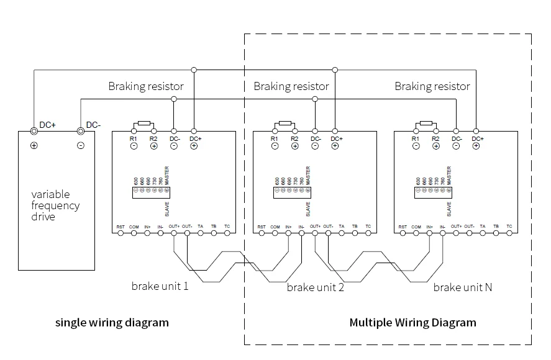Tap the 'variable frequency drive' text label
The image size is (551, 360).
coord(55,205)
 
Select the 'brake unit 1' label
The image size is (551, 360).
coord(160,287)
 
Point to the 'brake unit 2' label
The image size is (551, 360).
coord(315,288)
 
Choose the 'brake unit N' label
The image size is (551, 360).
coord(463,287)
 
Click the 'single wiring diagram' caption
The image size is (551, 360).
coord(112,323)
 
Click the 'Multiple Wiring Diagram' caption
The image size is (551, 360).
coord(412,323)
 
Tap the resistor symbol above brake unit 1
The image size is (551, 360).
coord(144,124)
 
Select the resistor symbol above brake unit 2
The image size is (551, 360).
coord(285,124)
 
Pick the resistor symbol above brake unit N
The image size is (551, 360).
coord(426,124)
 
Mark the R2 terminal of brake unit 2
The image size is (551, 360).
coord(295,132)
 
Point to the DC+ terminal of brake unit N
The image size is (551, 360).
coord(476,132)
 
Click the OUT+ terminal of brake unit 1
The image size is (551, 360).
coord(173,233)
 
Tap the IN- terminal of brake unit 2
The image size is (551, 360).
coord(301,233)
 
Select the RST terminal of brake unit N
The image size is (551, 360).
coord(403,233)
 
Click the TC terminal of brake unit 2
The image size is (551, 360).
coord(368,233)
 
